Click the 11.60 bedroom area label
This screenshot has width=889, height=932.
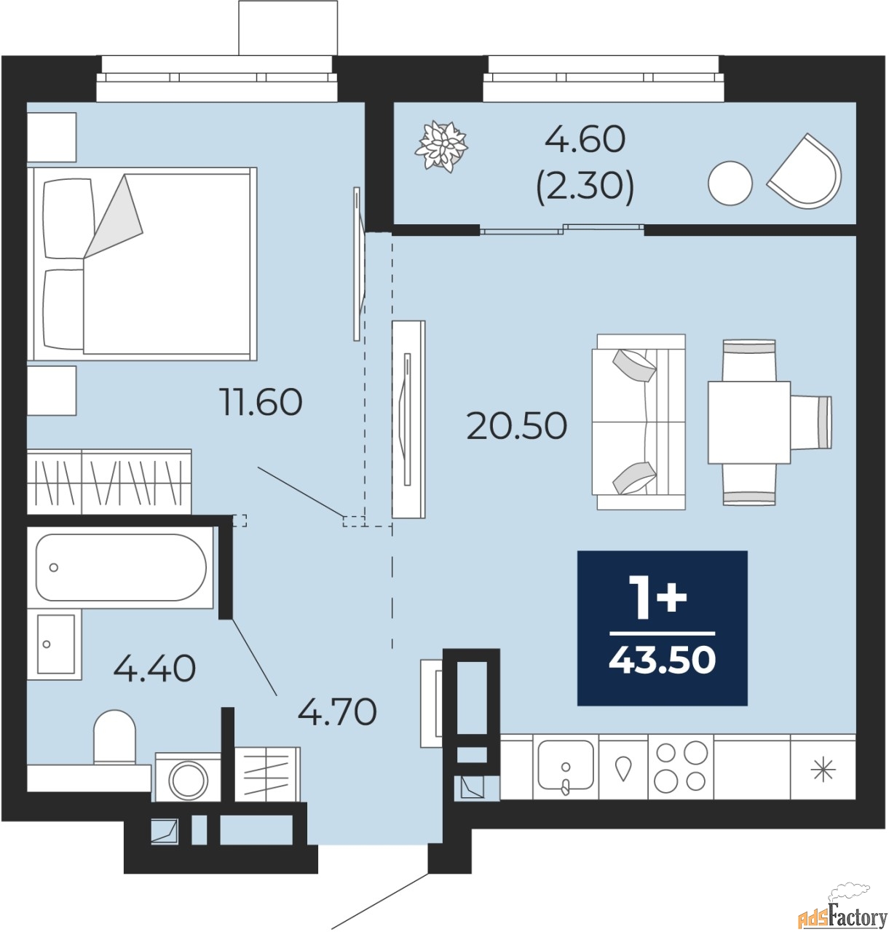click(261, 401)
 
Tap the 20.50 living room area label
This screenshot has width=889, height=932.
click(516, 425)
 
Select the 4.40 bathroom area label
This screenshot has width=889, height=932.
click(154, 668)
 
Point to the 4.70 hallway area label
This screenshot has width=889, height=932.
click(337, 712)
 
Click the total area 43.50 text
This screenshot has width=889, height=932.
click(662, 660)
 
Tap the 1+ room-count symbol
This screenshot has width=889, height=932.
click(660, 599)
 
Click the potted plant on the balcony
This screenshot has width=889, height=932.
click(441, 146)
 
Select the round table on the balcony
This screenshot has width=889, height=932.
click(730, 183)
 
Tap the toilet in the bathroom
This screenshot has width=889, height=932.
click(114, 736)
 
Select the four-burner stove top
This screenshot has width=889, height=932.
click(680, 767)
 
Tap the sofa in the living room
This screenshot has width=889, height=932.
click(639, 422)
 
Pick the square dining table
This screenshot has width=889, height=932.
click(749, 422)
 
